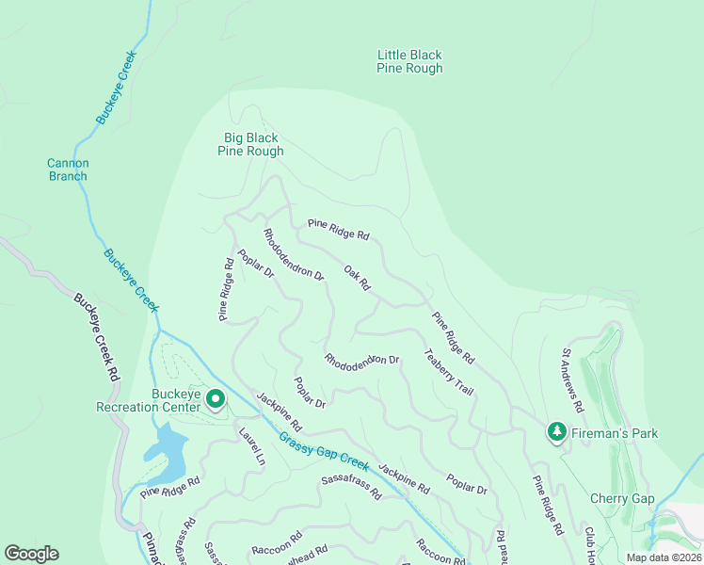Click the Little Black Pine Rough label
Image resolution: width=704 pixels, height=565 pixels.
409,62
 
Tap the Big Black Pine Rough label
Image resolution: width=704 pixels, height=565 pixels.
250,144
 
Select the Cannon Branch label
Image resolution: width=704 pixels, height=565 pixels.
68,169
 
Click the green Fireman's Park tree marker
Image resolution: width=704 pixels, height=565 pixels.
556,431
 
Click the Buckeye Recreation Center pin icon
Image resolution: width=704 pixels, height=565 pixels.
215,400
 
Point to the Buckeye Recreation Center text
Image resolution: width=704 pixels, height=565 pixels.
149,401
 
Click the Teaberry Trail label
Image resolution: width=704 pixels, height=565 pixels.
448,372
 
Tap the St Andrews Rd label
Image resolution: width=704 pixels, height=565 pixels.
573,381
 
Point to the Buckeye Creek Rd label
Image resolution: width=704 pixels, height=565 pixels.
97,335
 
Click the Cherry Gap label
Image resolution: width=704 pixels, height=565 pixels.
621,498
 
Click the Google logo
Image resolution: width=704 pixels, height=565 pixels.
31,554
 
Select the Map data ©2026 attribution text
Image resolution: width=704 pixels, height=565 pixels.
664,557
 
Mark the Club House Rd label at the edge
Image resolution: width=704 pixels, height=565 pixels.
589,545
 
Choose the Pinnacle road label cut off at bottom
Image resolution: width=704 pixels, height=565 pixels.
152,548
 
